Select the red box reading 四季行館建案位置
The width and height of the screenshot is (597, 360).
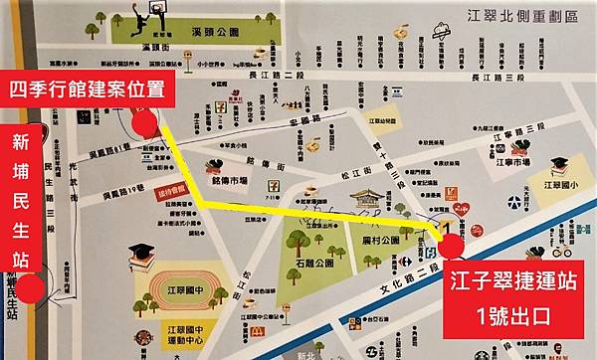pyautogui.click(x=89, y=88)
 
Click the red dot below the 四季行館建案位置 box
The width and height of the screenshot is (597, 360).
pyautogui.click(x=145, y=124)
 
